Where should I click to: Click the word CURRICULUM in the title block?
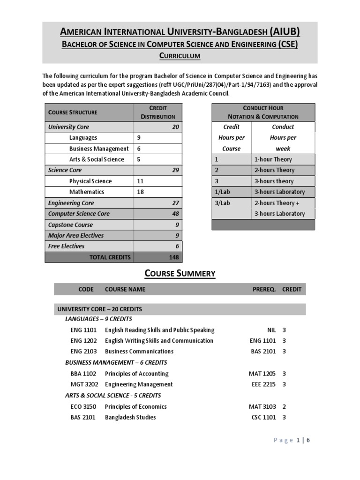(180, 56)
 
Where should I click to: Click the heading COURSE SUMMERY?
(180, 273)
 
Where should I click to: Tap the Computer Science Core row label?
(79, 214)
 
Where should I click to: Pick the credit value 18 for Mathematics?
(141, 192)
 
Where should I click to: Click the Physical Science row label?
(90, 181)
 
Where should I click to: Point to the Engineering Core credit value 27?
(175, 203)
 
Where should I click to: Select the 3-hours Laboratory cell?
(279, 192)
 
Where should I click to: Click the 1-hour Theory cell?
(273, 160)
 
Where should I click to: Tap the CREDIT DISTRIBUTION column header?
(158, 112)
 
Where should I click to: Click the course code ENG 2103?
(83, 352)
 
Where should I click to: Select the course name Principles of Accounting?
(136, 374)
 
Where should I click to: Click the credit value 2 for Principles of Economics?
(284, 407)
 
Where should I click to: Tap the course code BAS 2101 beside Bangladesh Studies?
(83, 417)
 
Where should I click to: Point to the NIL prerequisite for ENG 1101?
(270, 330)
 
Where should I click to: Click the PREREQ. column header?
(264, 289)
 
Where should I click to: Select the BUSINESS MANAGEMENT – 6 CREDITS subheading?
(116, 362)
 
